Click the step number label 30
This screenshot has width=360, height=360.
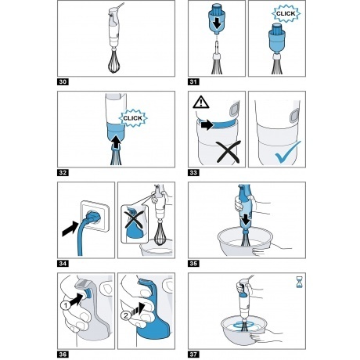pyautogui.click(x=63, y=82)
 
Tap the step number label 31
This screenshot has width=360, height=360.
pyautogui.click(x=193, y=82)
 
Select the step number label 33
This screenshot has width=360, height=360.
pyautogui.click(x=193, y=173)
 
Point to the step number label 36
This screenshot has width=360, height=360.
pyautogui.click(x=63, y=355)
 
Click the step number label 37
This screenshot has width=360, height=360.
pyautogui.click(x=193, y=355)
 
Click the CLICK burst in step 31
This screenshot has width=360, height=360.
pyautogui.click(x=286, y=13)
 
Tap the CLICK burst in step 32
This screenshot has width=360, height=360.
pyautogui.click(x=133, y=118)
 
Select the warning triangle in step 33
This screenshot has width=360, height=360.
pyautogui.click(x=201, y=102)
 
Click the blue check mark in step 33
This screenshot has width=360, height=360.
pyautogui.click(x=287, y=153)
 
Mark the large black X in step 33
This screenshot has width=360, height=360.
pyautogui.click(x=229, y=152)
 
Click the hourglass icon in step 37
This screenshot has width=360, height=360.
pyautogui.click(x=299, y=283)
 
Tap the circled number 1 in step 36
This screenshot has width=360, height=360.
pyautogui.click(x=66, y=305)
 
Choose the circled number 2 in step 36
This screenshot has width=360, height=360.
pyautogui.click(x=126, y=315)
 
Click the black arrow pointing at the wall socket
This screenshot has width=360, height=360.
pyautogui.click(x=70, y=229)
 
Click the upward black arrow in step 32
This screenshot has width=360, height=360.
pyautogui.click(x=116, y=142)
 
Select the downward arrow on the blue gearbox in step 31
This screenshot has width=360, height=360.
pyautogui.click(x=217, y=23)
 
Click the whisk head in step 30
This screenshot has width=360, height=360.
pyautogui.click(x=113, y=62)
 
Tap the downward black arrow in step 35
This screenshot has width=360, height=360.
pyautogui.click(x=245, y=221)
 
